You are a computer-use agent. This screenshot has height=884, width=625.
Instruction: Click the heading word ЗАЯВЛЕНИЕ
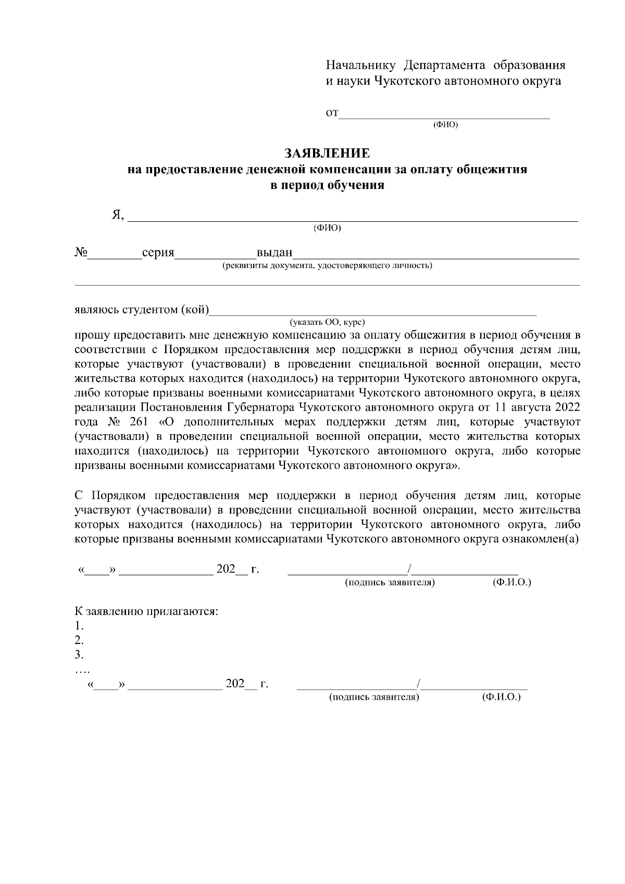tap(327, 154)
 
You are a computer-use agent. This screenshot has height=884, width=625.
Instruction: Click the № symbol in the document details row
tap(81, 252)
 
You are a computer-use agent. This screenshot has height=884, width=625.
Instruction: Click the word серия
tap(158, 253)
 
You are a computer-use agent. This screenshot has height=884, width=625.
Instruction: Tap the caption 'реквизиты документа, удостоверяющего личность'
tap(327, 266)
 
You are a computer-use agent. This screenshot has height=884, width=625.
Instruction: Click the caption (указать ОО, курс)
tap(327, 322)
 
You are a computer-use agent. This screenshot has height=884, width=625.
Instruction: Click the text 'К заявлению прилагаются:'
tap(146, 611)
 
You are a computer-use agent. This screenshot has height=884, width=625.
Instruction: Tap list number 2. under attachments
tap(79, 640)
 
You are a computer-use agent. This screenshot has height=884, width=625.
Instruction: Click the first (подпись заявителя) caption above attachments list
tap(390, 582)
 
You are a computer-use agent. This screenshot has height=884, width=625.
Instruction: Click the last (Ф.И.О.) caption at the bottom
tap(502, 697)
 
